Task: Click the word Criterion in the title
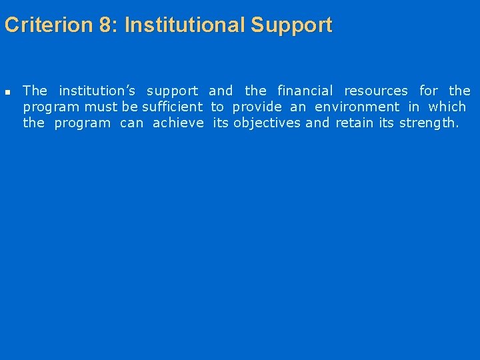[x=47, y=25]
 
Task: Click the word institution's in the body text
[x=97, y=91]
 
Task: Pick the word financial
[x=305, y=91]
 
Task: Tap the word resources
[x=376, y=91]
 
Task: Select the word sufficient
[x=172, y=107]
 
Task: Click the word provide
[x=257, y=107]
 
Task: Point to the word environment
[x=357, y=107]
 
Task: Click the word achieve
[x=178, y=123]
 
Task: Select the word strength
[x=429, y=123]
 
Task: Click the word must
[x=101, y=107]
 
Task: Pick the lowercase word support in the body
[x=172, y=91]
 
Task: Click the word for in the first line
[x=429, y=91]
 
